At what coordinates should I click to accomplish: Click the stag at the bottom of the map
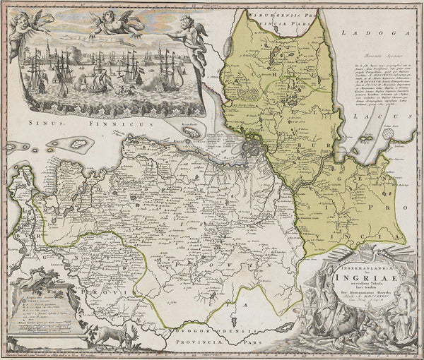pos(115,335)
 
